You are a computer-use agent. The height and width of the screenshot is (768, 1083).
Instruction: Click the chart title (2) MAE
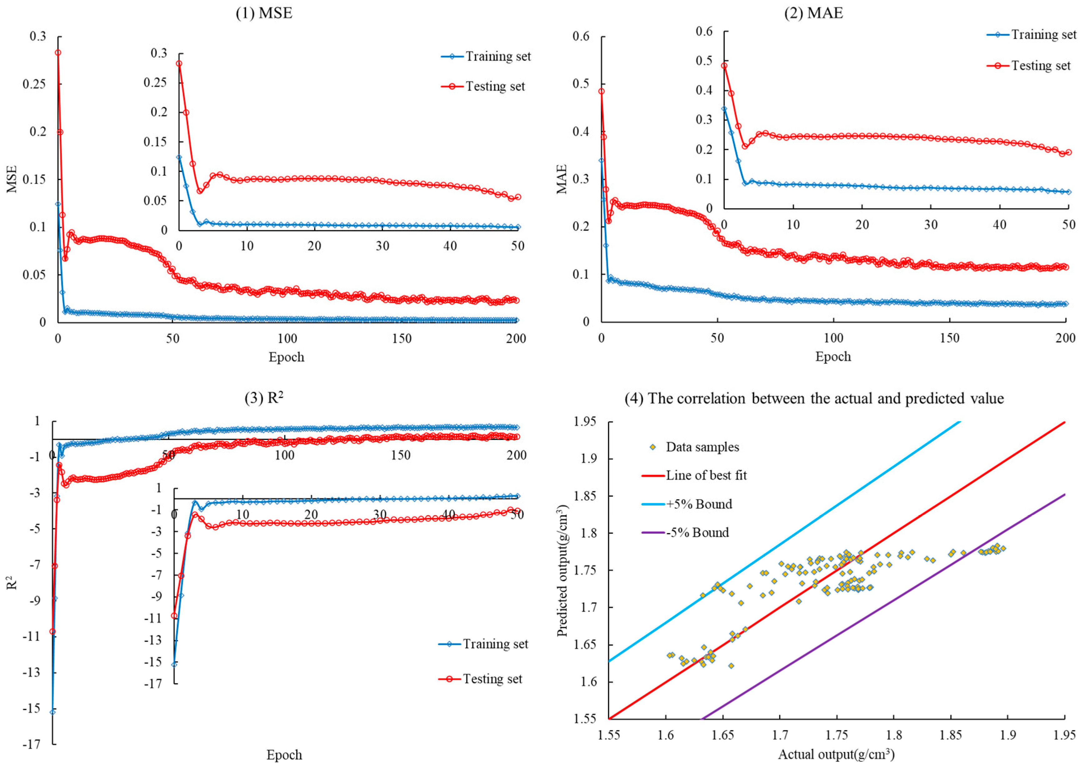coord(813,13)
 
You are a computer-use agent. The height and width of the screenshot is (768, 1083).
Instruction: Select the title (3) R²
coord(264,398)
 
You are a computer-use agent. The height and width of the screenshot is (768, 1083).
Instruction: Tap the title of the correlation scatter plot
coord(814,398)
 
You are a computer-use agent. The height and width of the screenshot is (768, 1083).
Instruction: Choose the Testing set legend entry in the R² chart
coord(492,679)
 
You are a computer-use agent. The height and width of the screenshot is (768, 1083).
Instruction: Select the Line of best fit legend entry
coord(706,475)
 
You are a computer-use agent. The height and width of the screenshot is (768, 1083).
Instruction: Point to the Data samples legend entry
coord(702,447)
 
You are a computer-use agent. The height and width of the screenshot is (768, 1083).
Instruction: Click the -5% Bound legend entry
coord(697,532)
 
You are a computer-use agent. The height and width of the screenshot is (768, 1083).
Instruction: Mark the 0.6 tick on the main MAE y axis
coord(581,37)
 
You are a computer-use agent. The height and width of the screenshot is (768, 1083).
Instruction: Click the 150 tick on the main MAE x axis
coord(949,338)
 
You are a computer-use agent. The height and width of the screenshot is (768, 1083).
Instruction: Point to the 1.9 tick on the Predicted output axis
coord(585,459)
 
